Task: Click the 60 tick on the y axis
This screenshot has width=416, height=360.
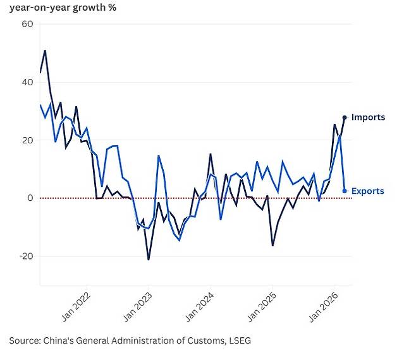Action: [x=27, y=24]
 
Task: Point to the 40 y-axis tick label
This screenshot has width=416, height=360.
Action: [x=27, y=82]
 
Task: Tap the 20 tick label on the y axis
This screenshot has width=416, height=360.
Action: [x=27, y=140]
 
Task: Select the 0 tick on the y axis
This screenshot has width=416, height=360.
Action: [x=29, y=198]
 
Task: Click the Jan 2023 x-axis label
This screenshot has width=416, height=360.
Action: [x=144, y=305]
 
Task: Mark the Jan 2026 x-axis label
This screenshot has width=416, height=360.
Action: [x=331, y=305]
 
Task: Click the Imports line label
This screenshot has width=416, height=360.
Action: [x=368, y=117]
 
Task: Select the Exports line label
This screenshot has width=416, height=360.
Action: [x=367, y=191]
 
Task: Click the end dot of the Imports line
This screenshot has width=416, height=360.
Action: [x=345, y=117]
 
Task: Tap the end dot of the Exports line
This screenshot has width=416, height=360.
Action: [x=345, y=191]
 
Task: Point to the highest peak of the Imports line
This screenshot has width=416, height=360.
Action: [x=45, y=51]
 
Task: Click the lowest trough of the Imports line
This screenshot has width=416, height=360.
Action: [x=149, y=260]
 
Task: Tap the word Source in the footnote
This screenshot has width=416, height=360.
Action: [x=24, y=340]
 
